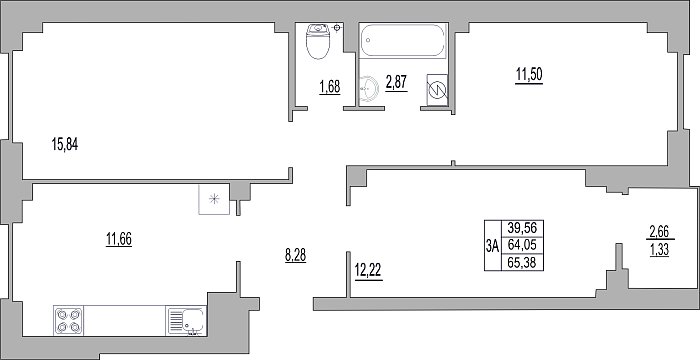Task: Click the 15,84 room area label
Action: click(x=65, y=145)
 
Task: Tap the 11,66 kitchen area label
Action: click(x=119, y=239)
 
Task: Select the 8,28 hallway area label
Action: click(x=296, y=256)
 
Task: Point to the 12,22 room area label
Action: click(x=369, y=271)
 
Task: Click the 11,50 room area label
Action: click(x=529, y=75)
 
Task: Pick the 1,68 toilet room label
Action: click(x=330, y=87)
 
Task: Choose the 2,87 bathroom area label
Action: click(x=396, y=83)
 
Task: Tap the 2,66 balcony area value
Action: click(x=659, y=232)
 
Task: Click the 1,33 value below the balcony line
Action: click(x=659, y=250)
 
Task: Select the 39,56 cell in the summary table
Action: click(x=522, y=229)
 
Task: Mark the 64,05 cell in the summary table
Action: click(x=522, y=245)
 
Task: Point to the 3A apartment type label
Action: click(x=493, y=246)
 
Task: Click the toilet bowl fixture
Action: click(x=318, y=41)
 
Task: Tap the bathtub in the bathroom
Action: click(x=403, y=40)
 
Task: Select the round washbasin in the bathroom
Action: click(x=369, y=89)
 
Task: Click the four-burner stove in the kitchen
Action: click(x=68, y=320)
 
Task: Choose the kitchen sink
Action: click(x=186, y=320)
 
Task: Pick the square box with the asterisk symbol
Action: click(x=214, y=199)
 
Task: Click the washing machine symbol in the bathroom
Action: click(x=438, y=90)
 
